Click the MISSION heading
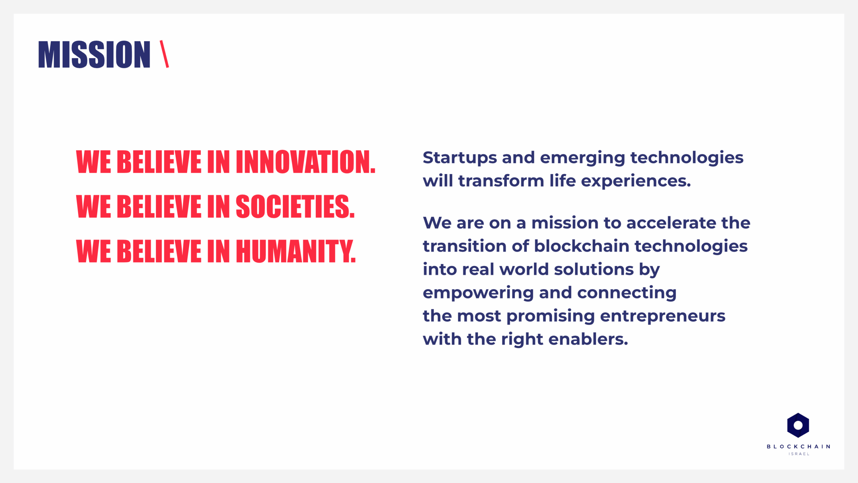pos(94,54)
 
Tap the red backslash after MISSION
pos(164,54)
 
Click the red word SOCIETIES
pos(295,206)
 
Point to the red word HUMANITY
pos(296,251)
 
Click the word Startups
pos(460,158)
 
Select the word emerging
pos(583,158)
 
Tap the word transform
pos(501,181)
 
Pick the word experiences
pos(636,181)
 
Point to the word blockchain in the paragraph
pos(581,246)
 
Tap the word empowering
pos(478,293)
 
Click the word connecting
pos(627,293)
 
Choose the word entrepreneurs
pos(663,316)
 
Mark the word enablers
pos(588,339)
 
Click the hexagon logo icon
pos(798,425)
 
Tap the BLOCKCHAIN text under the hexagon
pos(798,447)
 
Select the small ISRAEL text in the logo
pos(799,454)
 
